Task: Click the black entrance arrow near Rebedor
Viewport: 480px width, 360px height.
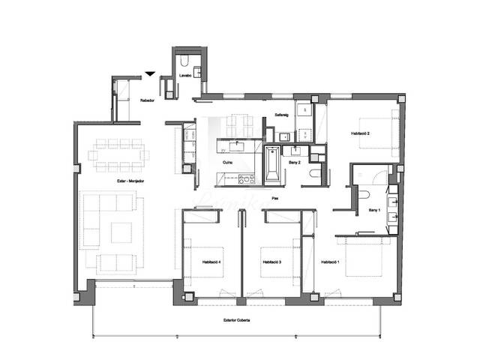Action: tap(151, 73)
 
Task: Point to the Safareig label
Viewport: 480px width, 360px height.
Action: tap(282, 115)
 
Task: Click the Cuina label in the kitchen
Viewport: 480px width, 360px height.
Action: tap(227, 162)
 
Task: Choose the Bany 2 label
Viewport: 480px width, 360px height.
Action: tap(295, 162)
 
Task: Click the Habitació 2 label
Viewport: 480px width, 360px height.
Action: tap(361, 133)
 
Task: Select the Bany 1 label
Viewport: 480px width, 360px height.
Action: tap(373, 211)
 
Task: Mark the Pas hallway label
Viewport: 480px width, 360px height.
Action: tap(275, 198)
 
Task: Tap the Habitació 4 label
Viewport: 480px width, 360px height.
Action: tap(211, 262)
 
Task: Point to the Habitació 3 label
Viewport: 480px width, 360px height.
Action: tap(271, 262)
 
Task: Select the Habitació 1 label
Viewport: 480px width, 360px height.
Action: tap(331, 262)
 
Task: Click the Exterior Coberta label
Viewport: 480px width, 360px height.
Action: tap(237, 320)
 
